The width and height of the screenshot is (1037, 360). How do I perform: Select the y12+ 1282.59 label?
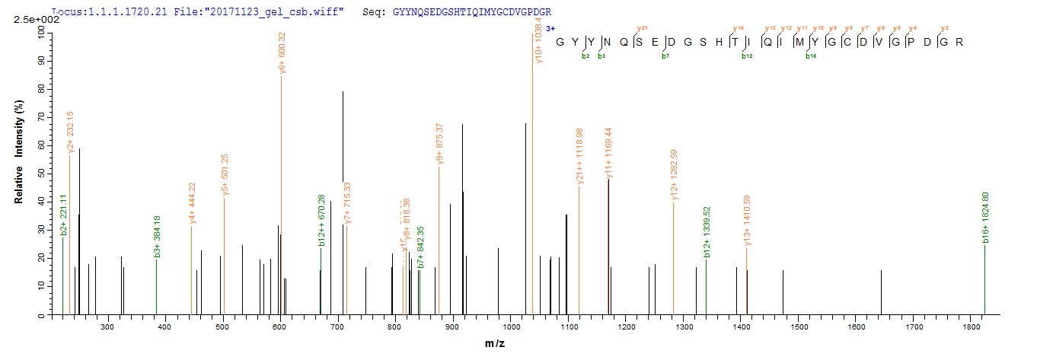point(674,175)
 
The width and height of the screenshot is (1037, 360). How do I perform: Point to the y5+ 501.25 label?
point(225,175)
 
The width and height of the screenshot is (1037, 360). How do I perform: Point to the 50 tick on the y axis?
point(37,173)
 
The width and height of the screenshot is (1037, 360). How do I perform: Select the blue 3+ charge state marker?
point(540,28)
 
